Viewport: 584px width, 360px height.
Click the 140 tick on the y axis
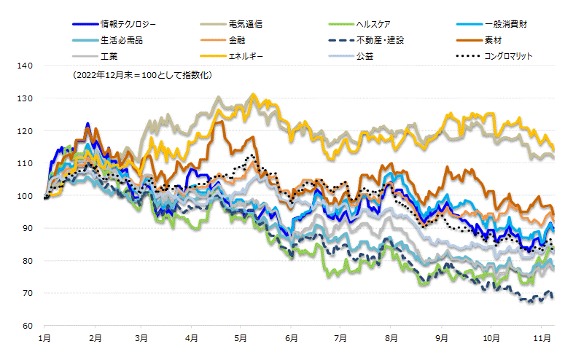pyautogui.click(x=26, y=66)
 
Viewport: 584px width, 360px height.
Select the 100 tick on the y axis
pyautogui.click(x=26, y=195)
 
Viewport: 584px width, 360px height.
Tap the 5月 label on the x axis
pyautogui.click(x=241, y=338)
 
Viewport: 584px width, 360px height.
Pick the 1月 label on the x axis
pyautogui.click(x=44, y=338)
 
